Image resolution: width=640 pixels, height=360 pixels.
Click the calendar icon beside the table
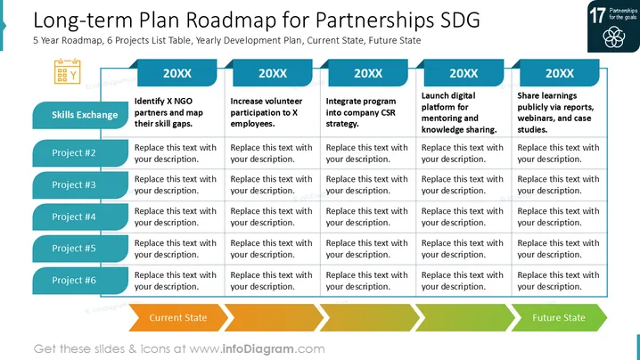(68, 71)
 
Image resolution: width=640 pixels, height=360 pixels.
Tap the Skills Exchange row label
(80, 115)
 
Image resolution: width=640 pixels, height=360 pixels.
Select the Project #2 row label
(80, 153)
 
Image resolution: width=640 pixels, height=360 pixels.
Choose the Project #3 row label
(80, 184)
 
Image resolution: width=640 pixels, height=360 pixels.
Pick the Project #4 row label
(80, 217)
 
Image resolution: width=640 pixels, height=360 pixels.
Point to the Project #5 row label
(80, 249)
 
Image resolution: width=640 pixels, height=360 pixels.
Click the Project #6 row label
(80, 281)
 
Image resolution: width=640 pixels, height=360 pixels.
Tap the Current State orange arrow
(178, 317)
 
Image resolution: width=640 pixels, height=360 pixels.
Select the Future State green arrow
(559, 317)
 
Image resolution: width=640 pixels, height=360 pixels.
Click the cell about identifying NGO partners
(168, 112)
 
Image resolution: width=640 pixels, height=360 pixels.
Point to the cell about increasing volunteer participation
(267, 112)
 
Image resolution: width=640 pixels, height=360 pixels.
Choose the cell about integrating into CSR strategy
(361, 112)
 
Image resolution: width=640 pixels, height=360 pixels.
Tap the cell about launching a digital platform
(459, 112)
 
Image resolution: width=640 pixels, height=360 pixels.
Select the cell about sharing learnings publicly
(555, 112)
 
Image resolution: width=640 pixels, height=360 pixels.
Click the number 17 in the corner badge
(597, 15)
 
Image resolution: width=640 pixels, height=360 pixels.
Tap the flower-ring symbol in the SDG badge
(613, 37)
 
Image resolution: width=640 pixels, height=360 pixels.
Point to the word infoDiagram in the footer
(258, 349)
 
